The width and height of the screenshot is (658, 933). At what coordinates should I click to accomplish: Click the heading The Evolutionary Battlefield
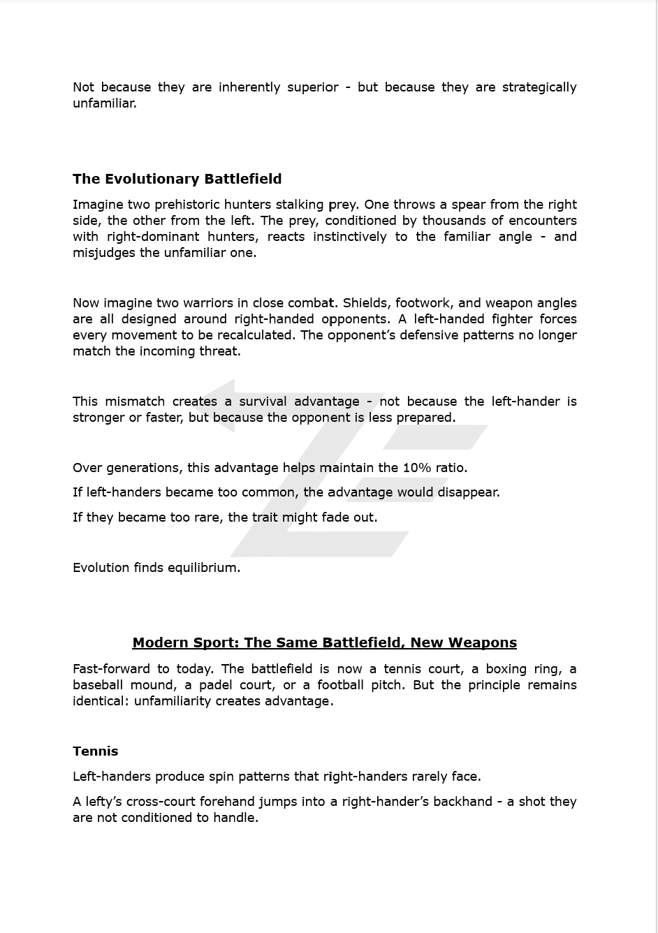point(177,179)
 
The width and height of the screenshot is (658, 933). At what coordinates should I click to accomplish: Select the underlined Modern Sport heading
point(324,642)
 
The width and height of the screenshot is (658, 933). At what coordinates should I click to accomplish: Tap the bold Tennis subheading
point(95,751)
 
